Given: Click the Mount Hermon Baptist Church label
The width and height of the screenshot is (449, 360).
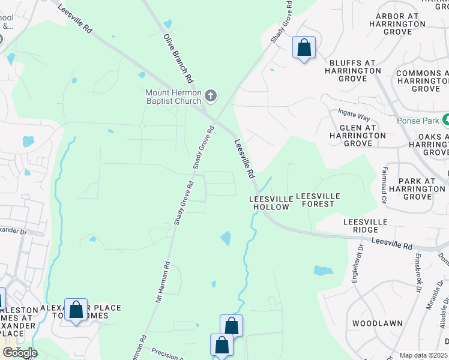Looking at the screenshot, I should [174, 97].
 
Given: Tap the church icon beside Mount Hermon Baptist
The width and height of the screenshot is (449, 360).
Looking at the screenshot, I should [210, 95].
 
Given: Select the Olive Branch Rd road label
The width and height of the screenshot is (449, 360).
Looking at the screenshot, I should [178, 58].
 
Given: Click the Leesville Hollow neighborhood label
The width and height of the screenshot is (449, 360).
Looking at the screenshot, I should [270, 202].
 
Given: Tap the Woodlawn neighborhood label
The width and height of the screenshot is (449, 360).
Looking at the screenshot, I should [377, 323].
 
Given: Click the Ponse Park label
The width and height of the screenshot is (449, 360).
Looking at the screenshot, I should [418, 120].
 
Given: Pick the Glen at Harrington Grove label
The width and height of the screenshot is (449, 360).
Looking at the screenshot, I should [358, 136].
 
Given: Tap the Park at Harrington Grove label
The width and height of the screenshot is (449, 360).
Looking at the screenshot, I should [417, 188].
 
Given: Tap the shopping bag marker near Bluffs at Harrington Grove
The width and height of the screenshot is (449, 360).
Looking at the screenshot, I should [304, 47].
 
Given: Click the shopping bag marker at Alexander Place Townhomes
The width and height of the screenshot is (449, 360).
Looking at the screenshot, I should [76, 310].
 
